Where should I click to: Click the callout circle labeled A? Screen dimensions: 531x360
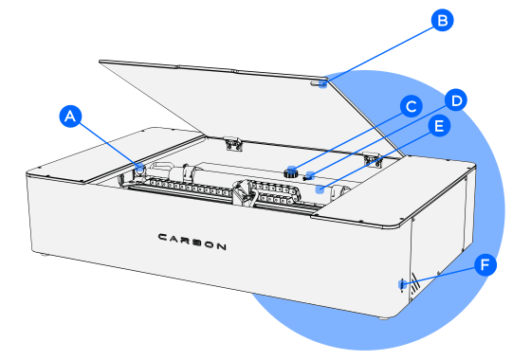coord(70,117)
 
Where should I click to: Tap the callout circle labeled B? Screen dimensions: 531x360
coord(442,20)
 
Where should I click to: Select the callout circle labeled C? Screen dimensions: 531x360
coord(412,106)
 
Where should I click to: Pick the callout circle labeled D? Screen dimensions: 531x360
coord(456,100)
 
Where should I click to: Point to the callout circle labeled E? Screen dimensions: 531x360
coord(439,126)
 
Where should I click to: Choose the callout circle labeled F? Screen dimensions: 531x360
coord(485,264)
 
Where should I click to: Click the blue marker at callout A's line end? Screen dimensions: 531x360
coord(139,167)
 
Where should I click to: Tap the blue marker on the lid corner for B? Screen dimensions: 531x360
coord(323,83)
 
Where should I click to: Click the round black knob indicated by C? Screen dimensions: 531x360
coord(290,172)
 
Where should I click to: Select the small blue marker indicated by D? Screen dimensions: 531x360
coord(310,175)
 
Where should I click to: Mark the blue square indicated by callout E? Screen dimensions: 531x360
coord(320,189)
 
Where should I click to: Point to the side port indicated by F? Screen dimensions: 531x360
coord(402,285)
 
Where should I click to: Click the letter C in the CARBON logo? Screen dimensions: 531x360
coord(163,237)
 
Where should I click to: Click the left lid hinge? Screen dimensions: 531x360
coord(233,144)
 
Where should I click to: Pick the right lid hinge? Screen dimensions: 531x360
coord(372,160)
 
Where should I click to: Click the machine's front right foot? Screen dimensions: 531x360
coord(383,318)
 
